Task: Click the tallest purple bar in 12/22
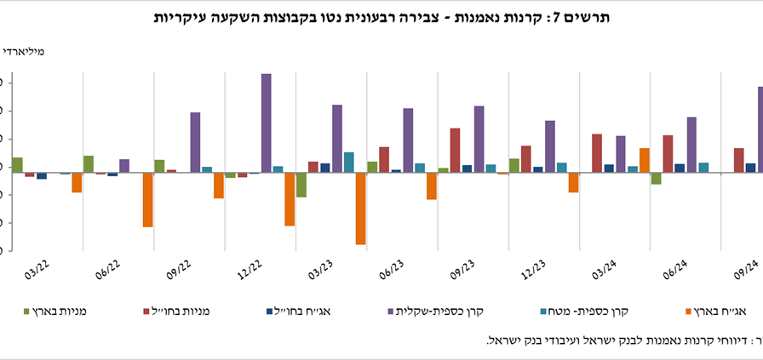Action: pyautogui.click(x=267, y=123)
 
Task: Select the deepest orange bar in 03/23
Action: pyautogui.click(x=361, y=209)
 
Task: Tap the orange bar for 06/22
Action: pyautogui.click(x=147, y=200)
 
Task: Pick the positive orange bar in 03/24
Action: pyautogui.click(x=645, y=160)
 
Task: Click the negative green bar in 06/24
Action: pyautogui.click(x=657, y=179)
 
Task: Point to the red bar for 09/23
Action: pyautogui.click(x=456, y=151)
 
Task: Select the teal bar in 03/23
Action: pyautogui.click(x=349, y=163)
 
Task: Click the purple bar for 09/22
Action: pyautogui.click(x=195, y=142)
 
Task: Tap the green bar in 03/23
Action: pyautogui.click(x=301, y=185)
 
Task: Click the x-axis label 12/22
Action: pyautogui.click(x=250, y=270)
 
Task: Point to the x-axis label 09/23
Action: pyautogui.click(x=462, y=270)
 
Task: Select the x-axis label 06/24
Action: pyautogui.click(x=675, y=270)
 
